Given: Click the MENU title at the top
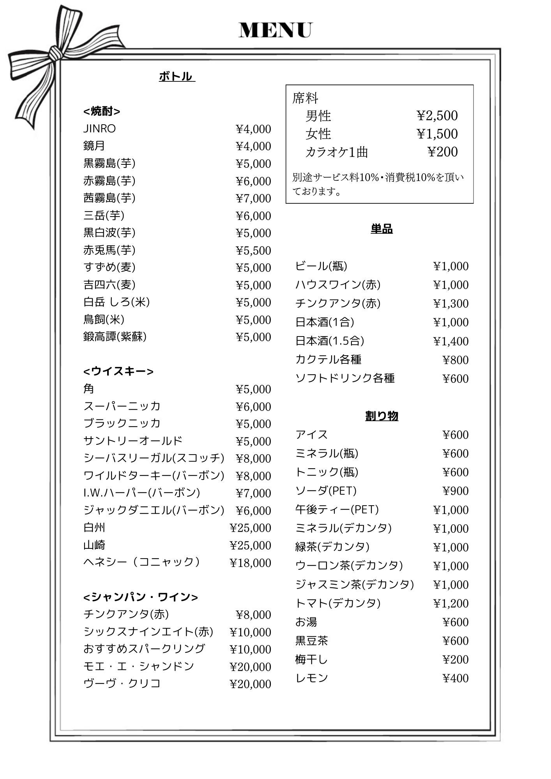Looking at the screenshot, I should (x=275, y=30).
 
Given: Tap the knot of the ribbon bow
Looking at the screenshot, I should (x=54, y=55).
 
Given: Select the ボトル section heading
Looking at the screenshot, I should (x=177, y=76).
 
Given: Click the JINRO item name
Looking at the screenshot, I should (x=99, y=129).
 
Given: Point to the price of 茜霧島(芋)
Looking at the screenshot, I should (x=253, y=198).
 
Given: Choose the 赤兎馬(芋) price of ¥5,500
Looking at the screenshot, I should (x=253, y=250).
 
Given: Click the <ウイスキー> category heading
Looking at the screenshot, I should (x=118, y=371).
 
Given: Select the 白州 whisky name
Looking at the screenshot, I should (x=94, y=527).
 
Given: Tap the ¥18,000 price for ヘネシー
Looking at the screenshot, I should (x=250, y=562).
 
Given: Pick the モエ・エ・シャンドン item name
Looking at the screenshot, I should (x=139, y=666).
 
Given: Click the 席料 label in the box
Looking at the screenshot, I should (x=305, y=98).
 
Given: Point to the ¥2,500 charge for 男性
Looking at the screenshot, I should (x=437, y=116).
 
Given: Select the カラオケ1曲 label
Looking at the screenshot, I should (x=337, y=152).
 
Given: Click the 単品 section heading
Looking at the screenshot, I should (x=381, y=229).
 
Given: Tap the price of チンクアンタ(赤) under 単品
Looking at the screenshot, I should (x=451, y=303).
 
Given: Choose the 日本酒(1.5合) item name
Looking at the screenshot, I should (x=330, y=341).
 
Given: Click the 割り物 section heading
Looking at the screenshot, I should (x=381, y=416).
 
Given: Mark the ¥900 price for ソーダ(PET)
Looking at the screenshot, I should (x=456, y=491).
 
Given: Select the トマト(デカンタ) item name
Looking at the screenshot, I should (x=337, y=603).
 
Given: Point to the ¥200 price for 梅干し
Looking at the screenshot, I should (x=456, y=659).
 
